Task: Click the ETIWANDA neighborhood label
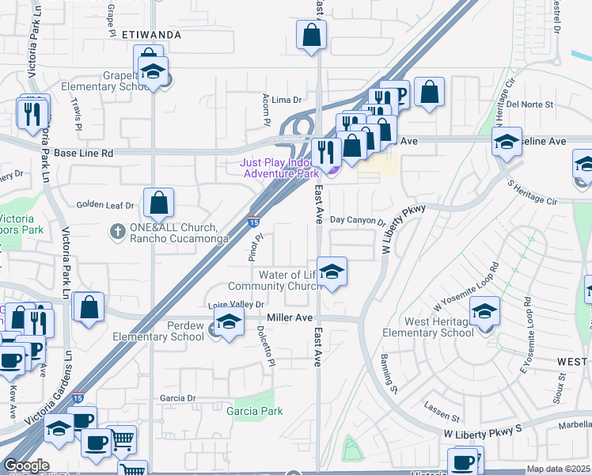tap(152, 35)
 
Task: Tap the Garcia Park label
tap(255, 411)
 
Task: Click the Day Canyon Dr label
tap(357, 222)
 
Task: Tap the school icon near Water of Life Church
tap(332, 272)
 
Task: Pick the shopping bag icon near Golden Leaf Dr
tap(159, 203)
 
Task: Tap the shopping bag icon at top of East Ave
tap(312, 35)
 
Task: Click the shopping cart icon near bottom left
tap(121, 439)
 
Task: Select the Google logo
tap(26, 465)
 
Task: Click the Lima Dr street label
tap(287, 100)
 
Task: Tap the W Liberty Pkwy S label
tap(482, 435)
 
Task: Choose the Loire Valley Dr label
tap(235, 304)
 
